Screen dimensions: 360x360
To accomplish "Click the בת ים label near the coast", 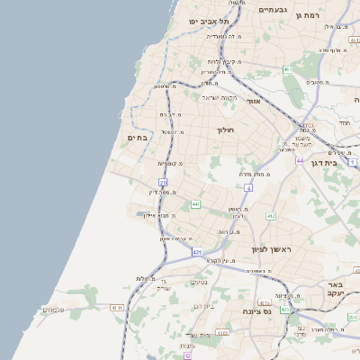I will pyautogui.click(x=138, y=138).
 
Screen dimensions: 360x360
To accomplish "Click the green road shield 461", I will pyautogui.click(x=287, y=69).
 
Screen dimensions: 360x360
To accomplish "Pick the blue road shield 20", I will pyautogui.click(x=163, y=83).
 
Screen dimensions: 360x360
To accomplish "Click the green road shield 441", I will pyautogui.click(x=194, y=204).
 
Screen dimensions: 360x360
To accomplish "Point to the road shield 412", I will pyautogui.click(x=271, y=216).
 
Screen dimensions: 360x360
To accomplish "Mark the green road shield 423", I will pyautogui.click(x=285, y=310).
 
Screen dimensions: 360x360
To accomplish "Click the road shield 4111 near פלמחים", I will pyautogui.click(x=116, y=308).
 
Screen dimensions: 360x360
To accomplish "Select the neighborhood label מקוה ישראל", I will pyautogui.click(x=220, y=96).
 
